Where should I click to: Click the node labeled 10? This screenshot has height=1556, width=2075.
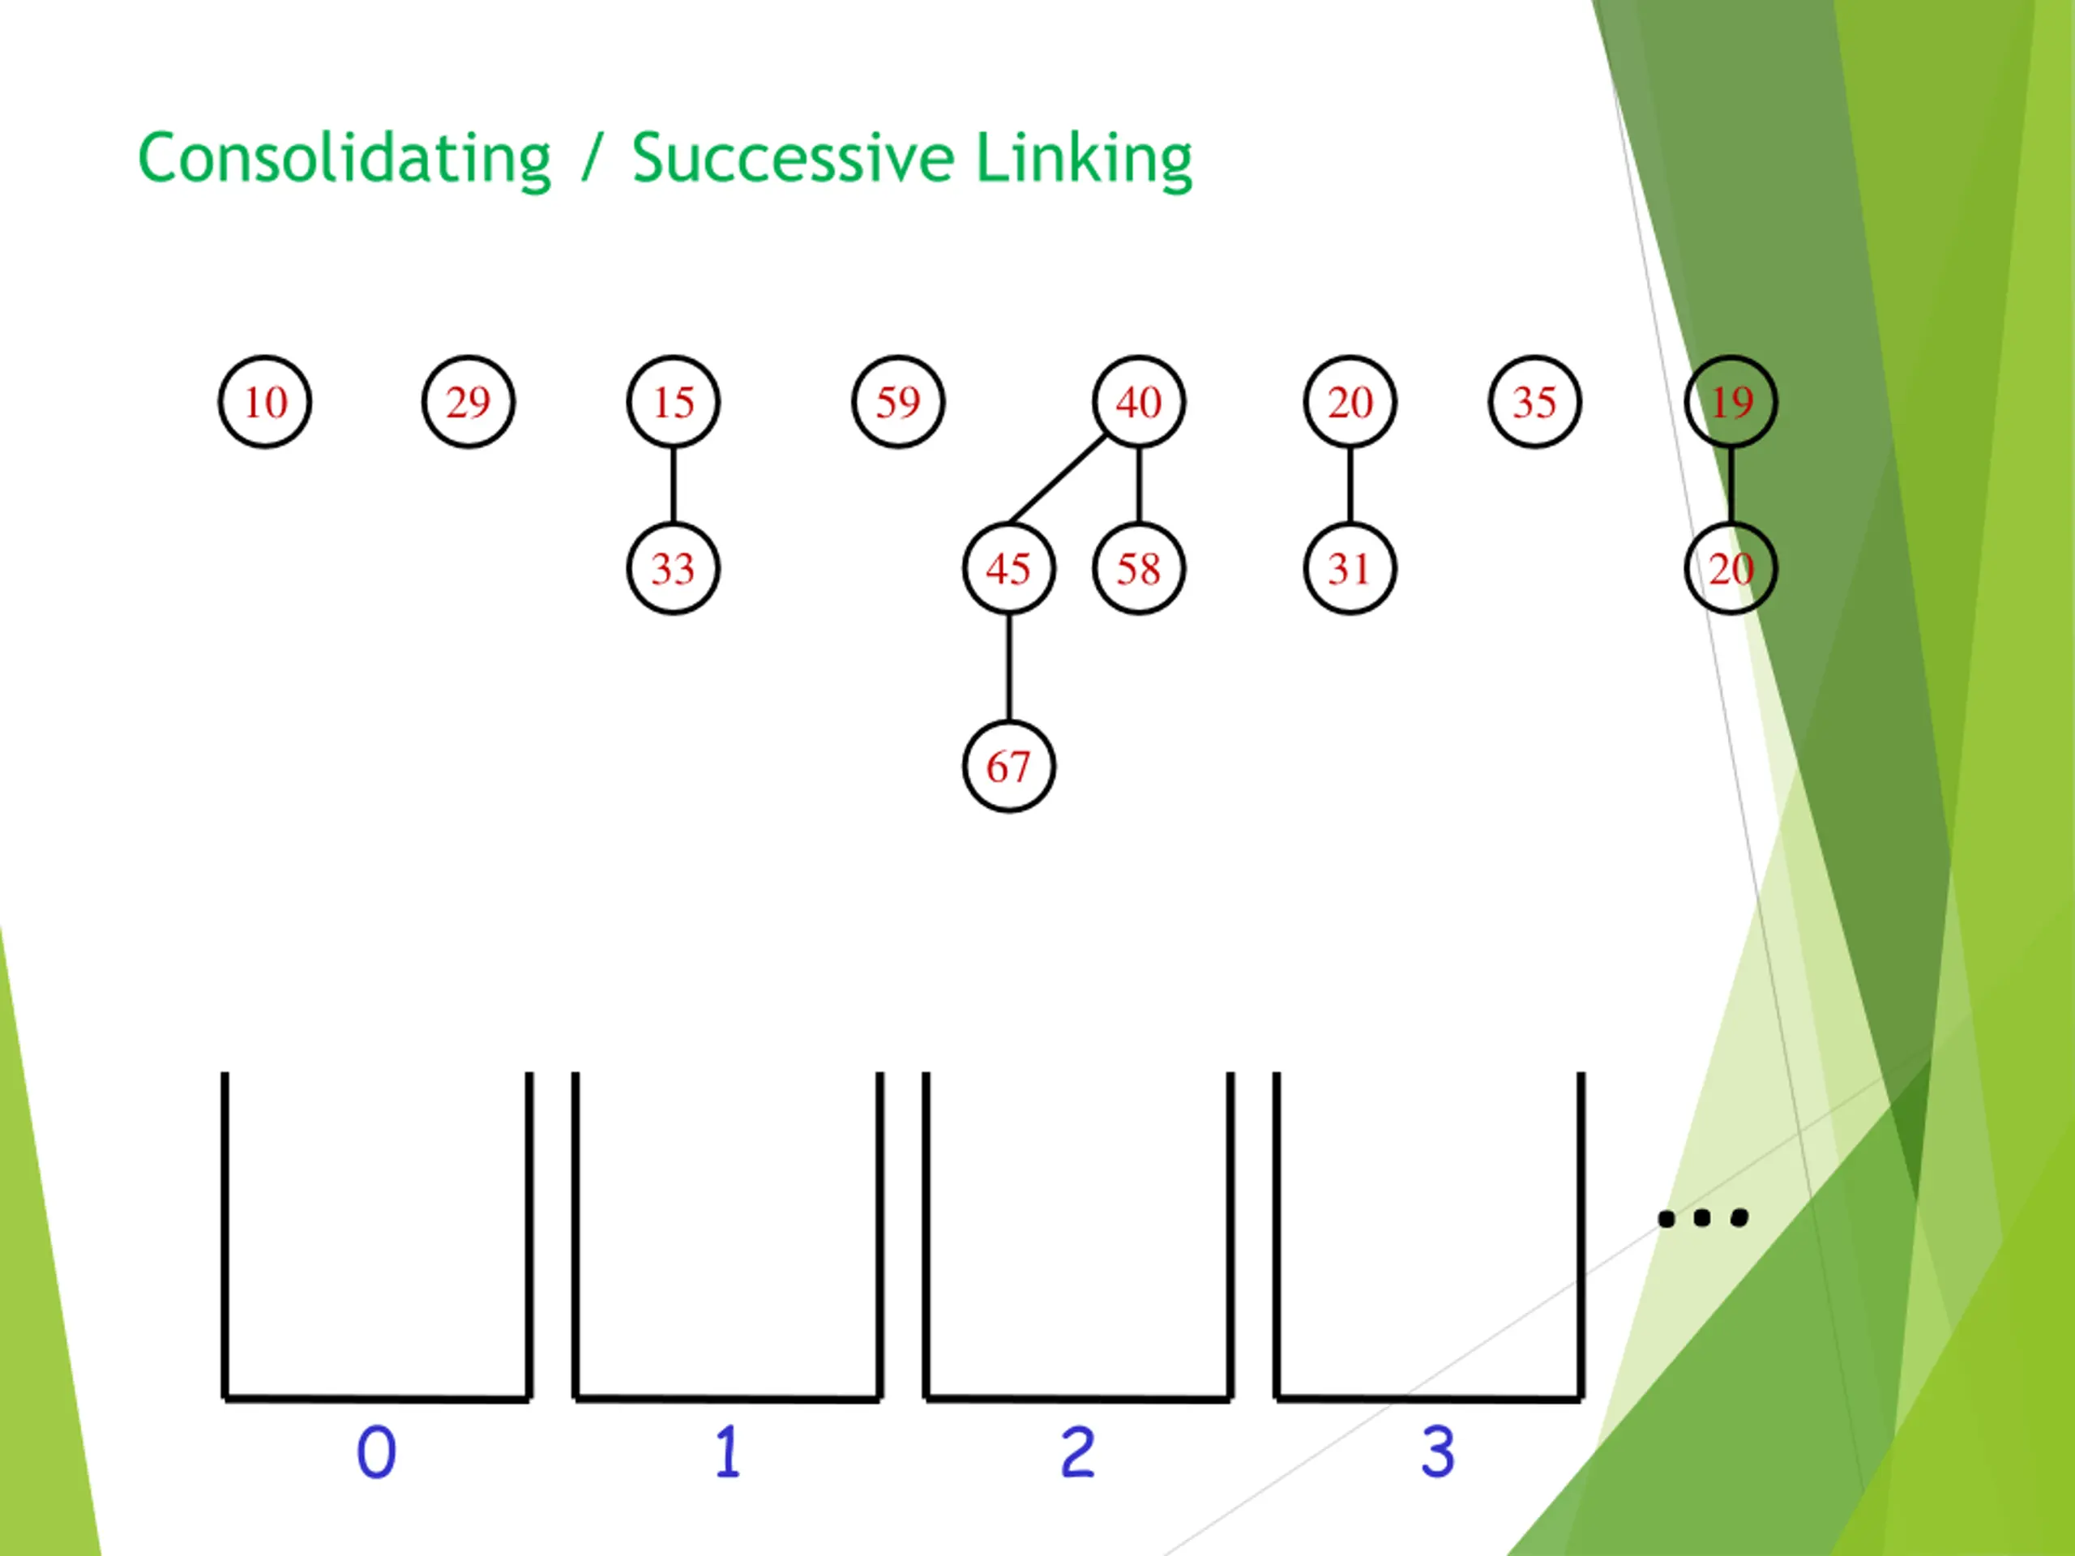pyautogui.click(x=264, y=402)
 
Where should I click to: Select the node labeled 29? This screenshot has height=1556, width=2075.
pyautogui.click(x=468, y=402)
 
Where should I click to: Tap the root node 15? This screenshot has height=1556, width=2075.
pyautogui.click(x=673, y=402)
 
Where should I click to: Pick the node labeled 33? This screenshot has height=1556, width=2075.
pyautogui.click(x=673, y=568)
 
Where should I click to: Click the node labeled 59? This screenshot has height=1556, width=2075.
pyautogui.click(x=898, y=402)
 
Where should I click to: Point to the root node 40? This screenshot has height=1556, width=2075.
pyautogui.click(x=1138, y=402)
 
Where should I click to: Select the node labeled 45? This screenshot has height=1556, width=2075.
pyautogui.click(x=1008, y=568)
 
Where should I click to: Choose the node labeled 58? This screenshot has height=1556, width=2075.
pyautogui.click(x=1138, y=568)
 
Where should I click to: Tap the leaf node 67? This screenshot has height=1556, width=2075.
pyautogui.click(x=1008, y=767)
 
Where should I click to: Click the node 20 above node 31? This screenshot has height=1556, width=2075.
pyautogui.click(x=1350, y=402)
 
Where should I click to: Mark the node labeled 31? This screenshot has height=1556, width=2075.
pyautogui.click(x=1350, y=568)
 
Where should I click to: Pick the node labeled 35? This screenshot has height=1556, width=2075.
pyautogui.click(x=1534, y=402)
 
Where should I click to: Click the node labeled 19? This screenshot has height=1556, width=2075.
pyautogui.click(x=1731, y=402)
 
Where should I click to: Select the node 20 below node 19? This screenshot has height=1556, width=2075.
pyautogui.click(x=1731, y=568)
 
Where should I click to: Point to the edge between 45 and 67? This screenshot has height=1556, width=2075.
pyautogui.click(x=1008, y=668)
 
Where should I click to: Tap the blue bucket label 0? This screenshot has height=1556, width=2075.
pyautogui.click(x=376, y=1453)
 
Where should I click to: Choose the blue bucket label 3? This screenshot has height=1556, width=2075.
pyautogui.click(x=1437, y=1453)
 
